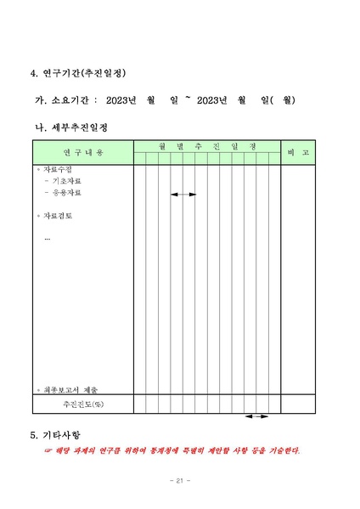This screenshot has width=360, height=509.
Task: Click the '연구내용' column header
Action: (83, 152)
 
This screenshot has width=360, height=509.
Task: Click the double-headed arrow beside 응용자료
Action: (183, 195)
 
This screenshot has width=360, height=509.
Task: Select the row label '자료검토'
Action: (59, 216)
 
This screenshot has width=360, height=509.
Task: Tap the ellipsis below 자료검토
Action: (48, 239)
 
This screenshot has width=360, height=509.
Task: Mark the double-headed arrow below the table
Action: (256, 416)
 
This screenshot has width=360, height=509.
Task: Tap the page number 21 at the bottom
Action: (179, 481)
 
